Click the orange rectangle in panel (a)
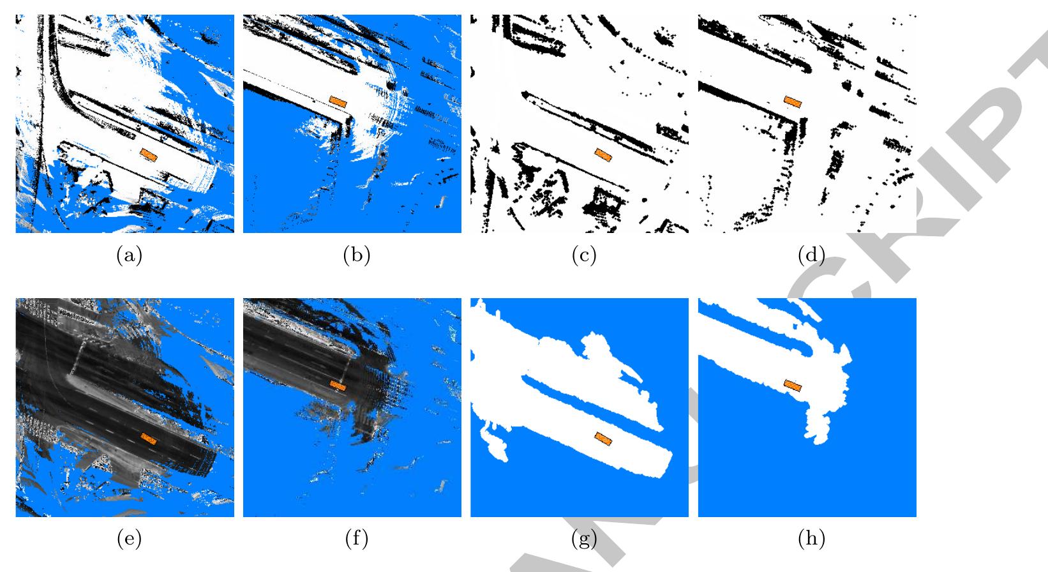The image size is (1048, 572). click(149, 155)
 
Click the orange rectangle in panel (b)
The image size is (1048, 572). click(338, 102)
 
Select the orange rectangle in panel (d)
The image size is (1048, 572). click(792, 102)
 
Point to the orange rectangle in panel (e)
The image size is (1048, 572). click(149, 438)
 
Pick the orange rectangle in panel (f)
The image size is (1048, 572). click(338, 385)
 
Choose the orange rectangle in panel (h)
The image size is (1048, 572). click(792, 385)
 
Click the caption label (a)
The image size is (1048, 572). click(130, 256)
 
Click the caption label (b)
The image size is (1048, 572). click(357, 256)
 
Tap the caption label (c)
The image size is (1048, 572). click(584, 256)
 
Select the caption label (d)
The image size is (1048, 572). click(811, 256)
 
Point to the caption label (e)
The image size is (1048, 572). click(130, 539)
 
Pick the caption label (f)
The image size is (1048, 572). click(357, 539)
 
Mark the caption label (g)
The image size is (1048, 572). click(584, 539)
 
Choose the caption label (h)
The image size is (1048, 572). click(811, 539)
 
